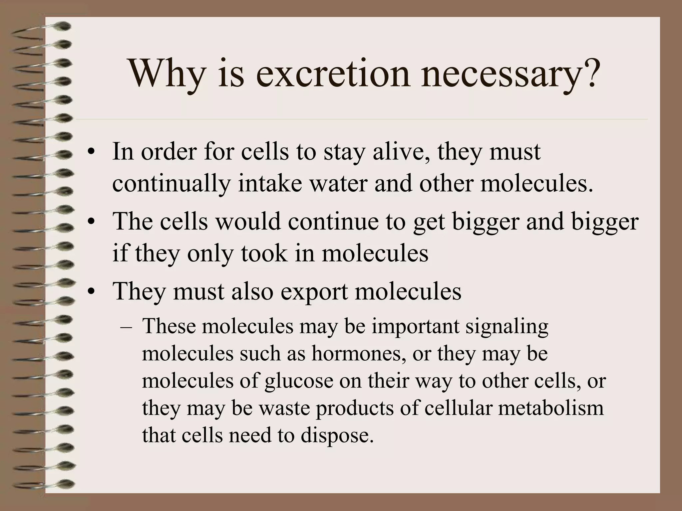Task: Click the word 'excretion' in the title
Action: pos(333,74)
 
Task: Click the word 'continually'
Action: pos(171,184)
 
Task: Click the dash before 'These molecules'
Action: pos(126,327)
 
